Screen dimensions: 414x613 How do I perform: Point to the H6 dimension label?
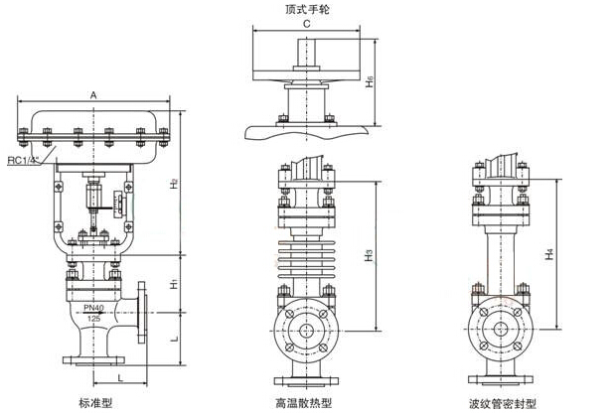click(x=369, y=86)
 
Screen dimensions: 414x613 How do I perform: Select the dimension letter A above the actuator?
click(x=93, y=95)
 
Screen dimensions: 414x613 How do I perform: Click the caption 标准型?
click(x=95, y=403)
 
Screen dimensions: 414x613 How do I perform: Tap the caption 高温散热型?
click(x=304, y=403)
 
